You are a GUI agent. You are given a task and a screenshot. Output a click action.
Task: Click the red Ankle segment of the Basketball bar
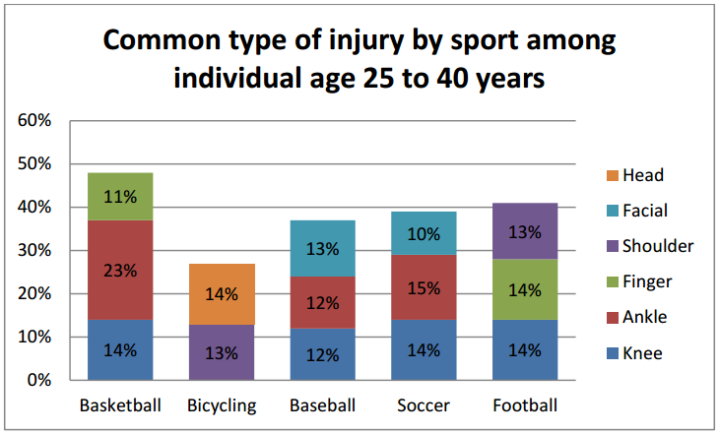(x=120, y=285)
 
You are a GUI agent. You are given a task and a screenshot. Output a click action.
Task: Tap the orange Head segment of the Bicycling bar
(x=222, y=293)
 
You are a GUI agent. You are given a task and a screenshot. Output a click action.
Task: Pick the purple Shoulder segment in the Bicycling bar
(x=222, y=352)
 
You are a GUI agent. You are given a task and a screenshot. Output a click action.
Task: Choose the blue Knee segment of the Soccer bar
(x=424, y=349)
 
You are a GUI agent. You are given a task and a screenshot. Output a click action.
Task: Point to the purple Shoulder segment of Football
(x=525, y=231)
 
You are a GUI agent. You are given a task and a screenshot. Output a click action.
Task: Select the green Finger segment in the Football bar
(x=525, y=289)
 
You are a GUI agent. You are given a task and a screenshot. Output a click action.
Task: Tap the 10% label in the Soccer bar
(x=424, y=234)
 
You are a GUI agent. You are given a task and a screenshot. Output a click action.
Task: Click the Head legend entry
(x=643, y=175)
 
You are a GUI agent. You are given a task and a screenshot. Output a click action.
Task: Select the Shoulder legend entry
(x=658, y=246)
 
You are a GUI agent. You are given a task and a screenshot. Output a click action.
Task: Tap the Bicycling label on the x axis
(x=222, y=405)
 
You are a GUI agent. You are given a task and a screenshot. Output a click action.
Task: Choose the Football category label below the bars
(x=525, y=405)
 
